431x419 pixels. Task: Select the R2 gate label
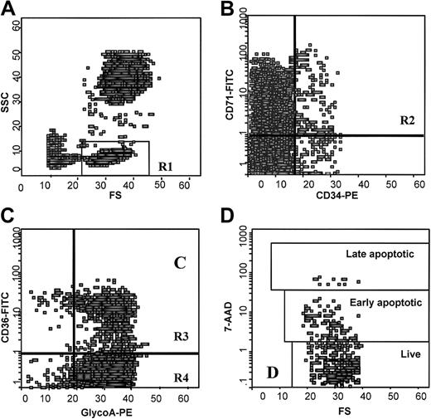(407, 121)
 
